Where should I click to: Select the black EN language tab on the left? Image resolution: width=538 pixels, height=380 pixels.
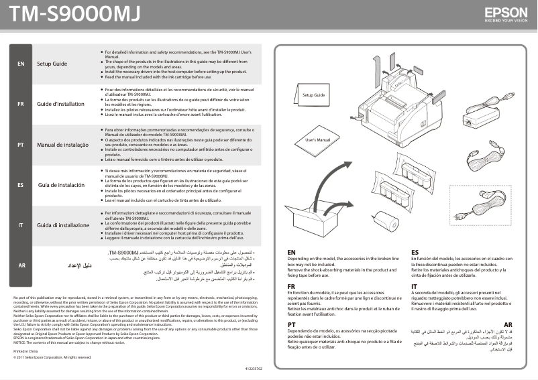(21, 64)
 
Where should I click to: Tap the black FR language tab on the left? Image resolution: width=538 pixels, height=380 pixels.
(21, 104)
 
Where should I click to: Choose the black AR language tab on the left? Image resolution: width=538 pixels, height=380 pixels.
(21, 265)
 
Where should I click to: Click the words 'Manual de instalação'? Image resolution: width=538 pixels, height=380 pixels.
(62, 145)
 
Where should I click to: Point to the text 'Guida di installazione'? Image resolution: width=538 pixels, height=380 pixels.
(63, 225)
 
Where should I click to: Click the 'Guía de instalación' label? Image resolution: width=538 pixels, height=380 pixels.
(61, 184)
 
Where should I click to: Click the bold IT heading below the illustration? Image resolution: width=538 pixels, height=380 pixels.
(414, 287)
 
